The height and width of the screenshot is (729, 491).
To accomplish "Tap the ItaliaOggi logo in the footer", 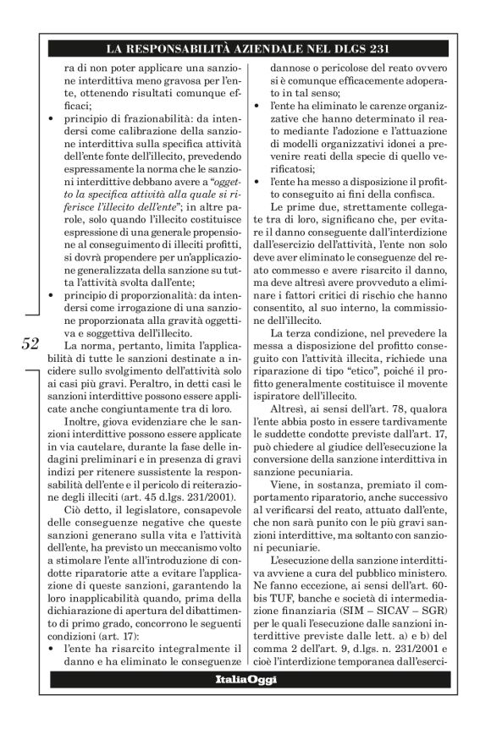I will [x=245, y=680].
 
